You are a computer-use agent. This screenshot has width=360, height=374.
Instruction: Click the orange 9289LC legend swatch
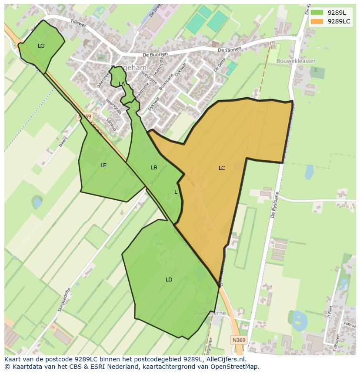click(x=317, y=21)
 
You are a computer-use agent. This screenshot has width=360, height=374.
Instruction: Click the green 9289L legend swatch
click(x=317, y=13)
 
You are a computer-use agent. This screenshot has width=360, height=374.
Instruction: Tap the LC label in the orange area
click(x=222, y=168)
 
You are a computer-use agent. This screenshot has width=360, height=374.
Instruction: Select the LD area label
click(x=169, y=280)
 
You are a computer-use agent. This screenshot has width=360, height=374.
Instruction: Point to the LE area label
click(x=103, y=165)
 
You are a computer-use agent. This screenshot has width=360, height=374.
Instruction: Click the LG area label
click(x=41, y=46)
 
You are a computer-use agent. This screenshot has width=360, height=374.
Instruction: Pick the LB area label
click(x=154, y=168)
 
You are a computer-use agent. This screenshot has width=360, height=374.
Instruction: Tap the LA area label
click(x=122, y=84)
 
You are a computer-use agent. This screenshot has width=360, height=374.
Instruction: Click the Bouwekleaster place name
click(x=296, y=61)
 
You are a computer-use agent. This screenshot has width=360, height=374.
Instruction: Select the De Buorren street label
click(x=155, y=55)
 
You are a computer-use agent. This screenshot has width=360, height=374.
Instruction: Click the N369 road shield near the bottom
click(x=238, y=340)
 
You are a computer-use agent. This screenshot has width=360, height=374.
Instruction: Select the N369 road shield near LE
click(x=85, y=116)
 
